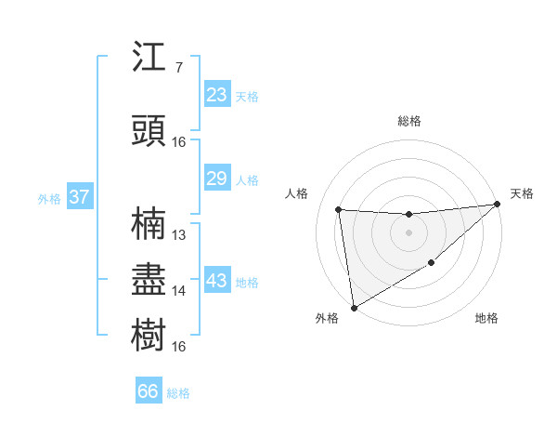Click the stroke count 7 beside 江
pos(178,68)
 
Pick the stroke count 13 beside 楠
pos(179,235)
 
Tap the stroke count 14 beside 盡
pos(179,291)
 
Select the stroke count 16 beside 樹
pos(179,347)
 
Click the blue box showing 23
pos(216,95)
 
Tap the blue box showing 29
pos(216,179)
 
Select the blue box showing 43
pos(216,281)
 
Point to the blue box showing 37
pos(79,197)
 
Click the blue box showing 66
pos(149,391)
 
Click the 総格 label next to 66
pos(178,393)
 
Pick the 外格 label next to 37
pos(49,199)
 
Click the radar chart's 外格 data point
pos(354,307)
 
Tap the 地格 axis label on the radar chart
pos(486,319)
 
